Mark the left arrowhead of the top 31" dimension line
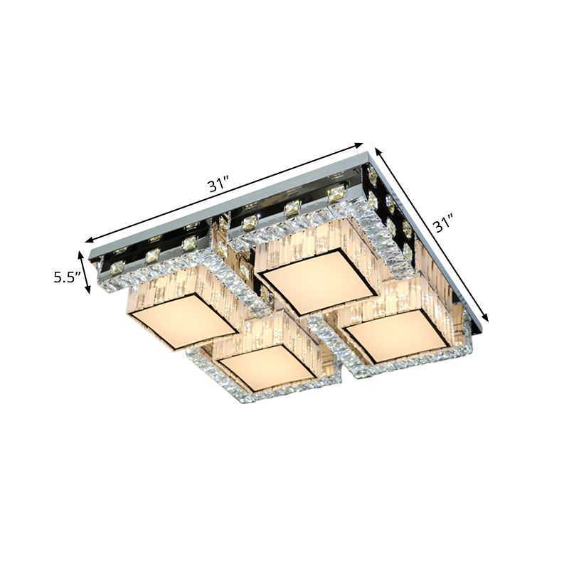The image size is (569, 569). point(87,241)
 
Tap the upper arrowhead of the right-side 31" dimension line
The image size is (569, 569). point(377,150)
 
